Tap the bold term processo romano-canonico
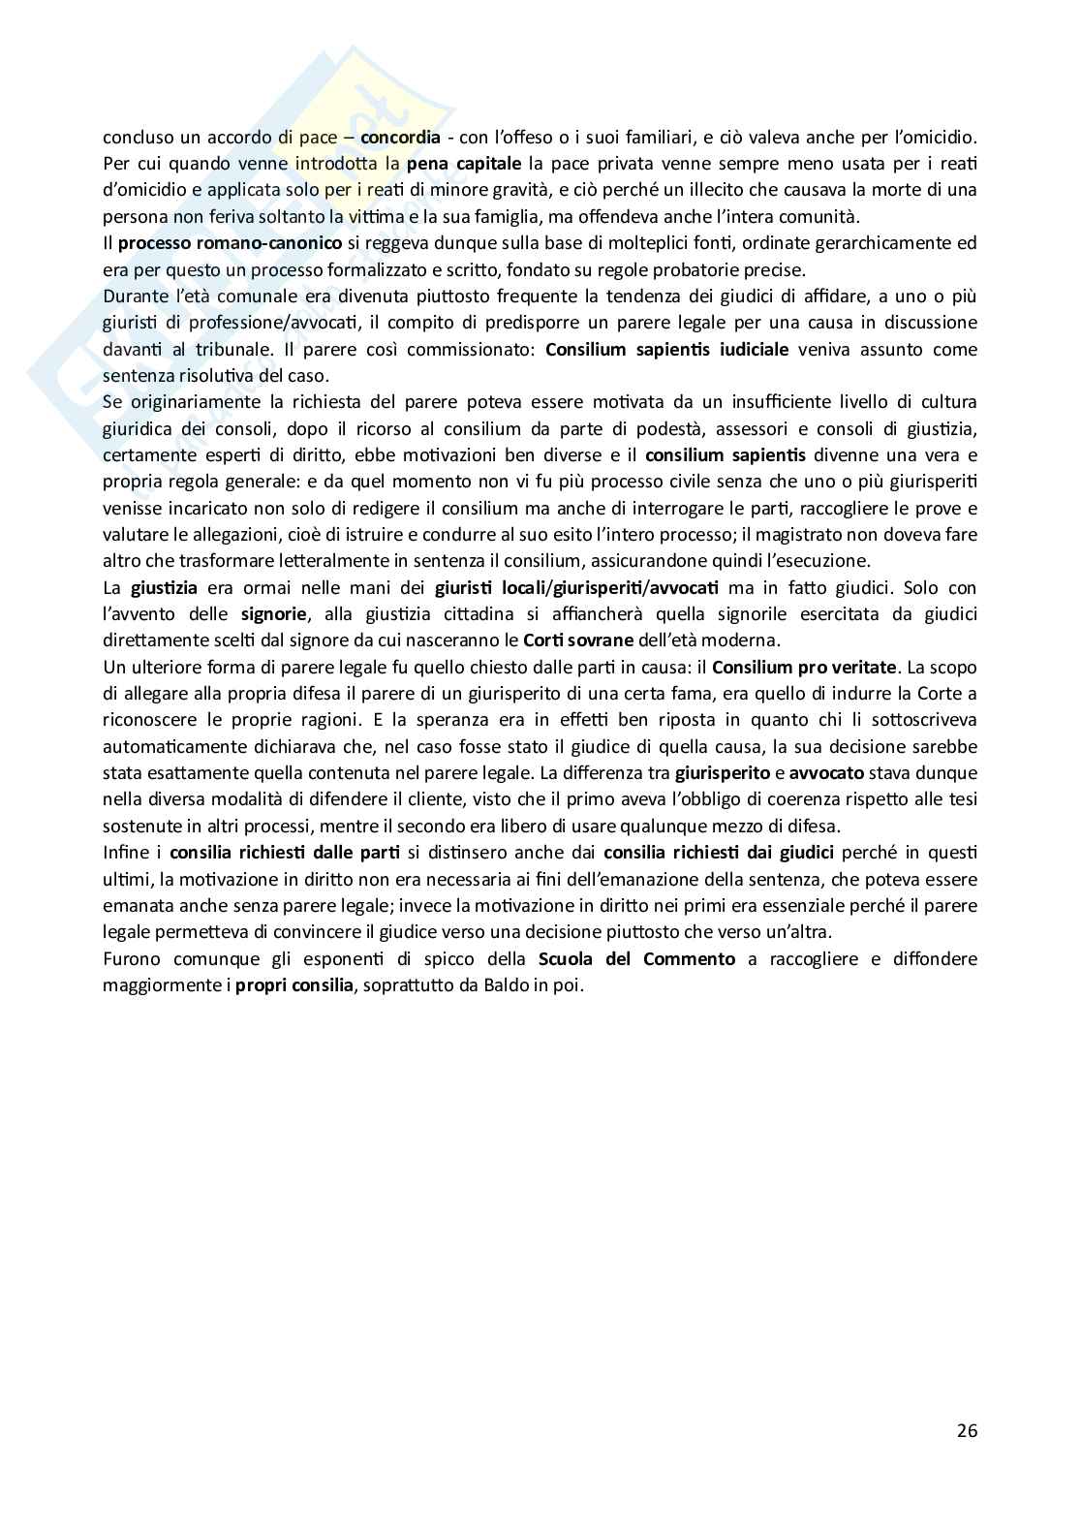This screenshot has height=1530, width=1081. coord(230,242)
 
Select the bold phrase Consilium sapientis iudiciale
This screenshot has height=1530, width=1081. coord(666,349)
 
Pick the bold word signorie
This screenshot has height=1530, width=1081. coord(275,613)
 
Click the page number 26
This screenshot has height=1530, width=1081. coord(966,1430)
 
